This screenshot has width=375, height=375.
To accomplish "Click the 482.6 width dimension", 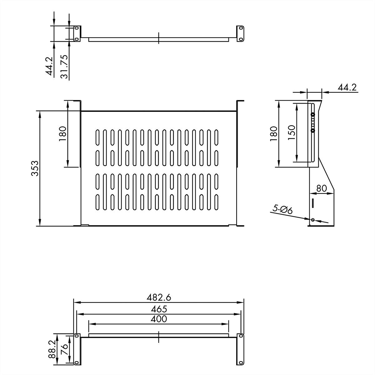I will point(159,297).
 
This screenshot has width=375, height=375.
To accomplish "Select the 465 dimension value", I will point(159,309).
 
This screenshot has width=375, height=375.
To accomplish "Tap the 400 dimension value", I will point(159,319).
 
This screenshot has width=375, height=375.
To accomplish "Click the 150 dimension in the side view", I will point(291,132).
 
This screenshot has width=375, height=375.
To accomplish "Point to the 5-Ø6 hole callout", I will point(282,209).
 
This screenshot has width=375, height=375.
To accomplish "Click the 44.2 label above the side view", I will point(347,87).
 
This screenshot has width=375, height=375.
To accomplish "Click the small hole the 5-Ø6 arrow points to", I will point(312,220).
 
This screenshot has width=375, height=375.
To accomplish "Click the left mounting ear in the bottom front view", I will point(77,349).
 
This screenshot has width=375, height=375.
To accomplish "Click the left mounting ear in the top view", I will point(77,33).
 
